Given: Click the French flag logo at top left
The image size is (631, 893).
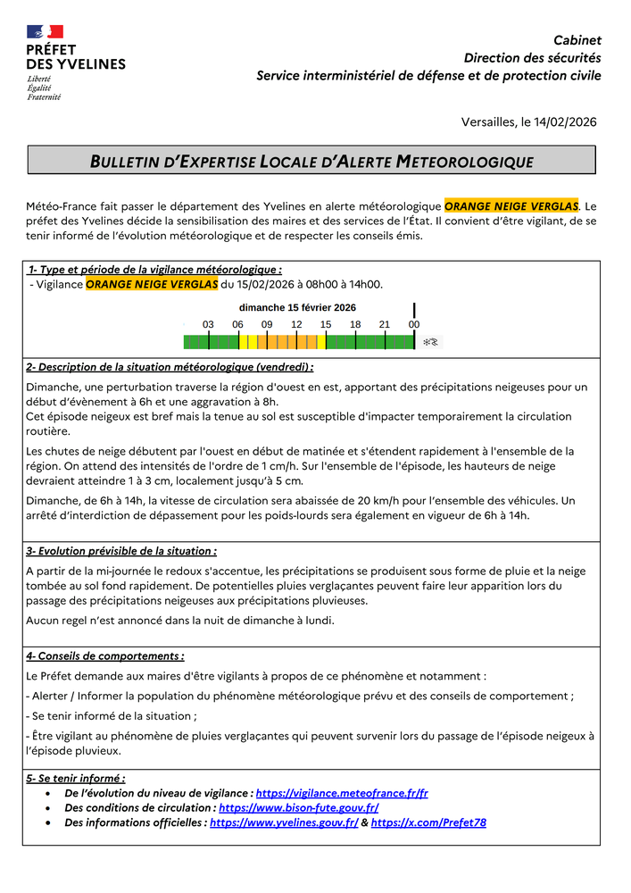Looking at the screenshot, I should (45, 32).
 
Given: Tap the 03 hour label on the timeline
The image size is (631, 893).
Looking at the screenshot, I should (208, 324).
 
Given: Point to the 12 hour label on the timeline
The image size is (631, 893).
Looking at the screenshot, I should (296, 324).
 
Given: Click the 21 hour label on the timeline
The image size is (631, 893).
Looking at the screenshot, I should (385, 324).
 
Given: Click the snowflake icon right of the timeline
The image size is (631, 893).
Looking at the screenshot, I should (430, 342).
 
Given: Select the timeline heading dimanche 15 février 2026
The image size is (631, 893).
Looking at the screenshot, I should (297, 307).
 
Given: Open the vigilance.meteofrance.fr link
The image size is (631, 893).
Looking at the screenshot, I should (342, 793).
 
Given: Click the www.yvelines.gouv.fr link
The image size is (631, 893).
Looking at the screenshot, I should (284, 822).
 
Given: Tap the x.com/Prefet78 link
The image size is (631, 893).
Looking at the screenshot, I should (428, 822).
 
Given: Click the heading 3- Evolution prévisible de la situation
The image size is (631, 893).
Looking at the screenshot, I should (121, 551).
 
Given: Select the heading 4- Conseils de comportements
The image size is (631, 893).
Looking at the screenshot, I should (105, 655).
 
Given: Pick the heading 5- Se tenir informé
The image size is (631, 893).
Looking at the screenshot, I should (76, 778).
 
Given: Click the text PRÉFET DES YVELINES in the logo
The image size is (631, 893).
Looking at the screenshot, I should (75, 57).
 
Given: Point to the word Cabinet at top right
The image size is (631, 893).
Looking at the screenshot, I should (577, 40).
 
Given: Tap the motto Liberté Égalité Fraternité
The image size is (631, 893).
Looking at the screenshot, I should (44, 88).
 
